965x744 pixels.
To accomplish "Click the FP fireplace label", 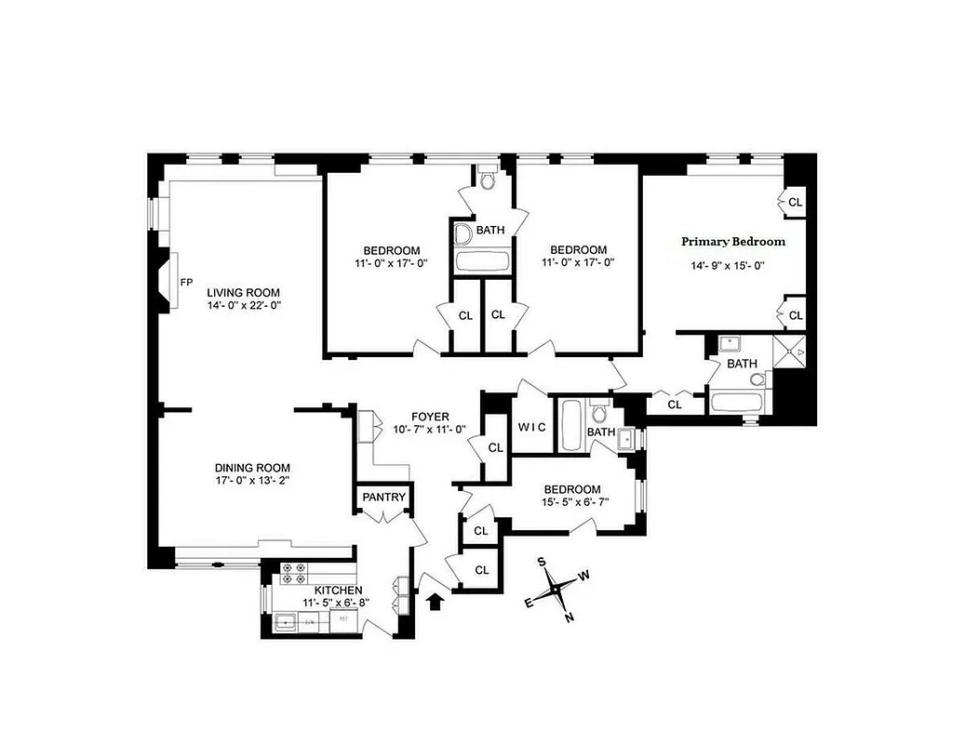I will [x=186, y=282].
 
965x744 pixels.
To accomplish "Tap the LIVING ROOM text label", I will [x=244, y=291].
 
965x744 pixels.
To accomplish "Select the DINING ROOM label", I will [x=252, y=468].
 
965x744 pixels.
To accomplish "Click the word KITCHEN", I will [x=338, y=591].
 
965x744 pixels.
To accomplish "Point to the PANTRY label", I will [x=383, y=498].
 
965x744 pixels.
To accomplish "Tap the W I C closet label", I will [x=530, y=427].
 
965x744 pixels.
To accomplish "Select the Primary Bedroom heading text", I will [x=733, y=242].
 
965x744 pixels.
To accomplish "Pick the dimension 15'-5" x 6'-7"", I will [x=571, y=504].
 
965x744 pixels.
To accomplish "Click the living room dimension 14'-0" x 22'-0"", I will [x=244, y=304].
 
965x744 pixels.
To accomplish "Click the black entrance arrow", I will [x=433, y=603].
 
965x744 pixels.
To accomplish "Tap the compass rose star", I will [x=555, y=588].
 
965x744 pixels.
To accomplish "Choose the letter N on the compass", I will [x=570, y=617].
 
